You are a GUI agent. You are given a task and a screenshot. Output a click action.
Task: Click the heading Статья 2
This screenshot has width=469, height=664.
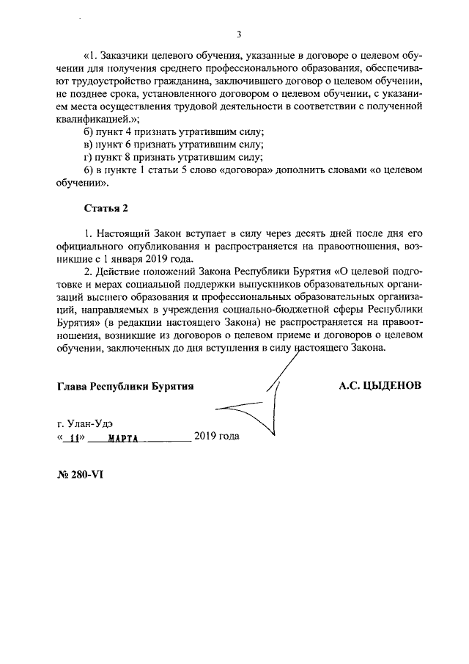(x=106, y=208)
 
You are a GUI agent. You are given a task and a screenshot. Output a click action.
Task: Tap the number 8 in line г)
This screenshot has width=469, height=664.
(x=130, y=156)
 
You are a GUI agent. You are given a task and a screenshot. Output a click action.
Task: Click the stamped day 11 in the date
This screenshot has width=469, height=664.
(x=73, y=438)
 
